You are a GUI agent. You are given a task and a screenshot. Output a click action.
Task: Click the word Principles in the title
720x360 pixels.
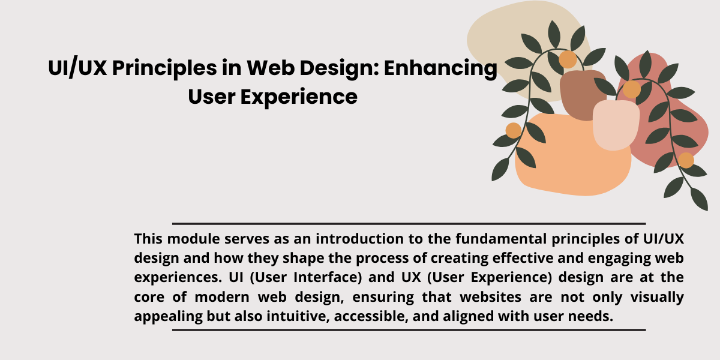click(x=164, y=68)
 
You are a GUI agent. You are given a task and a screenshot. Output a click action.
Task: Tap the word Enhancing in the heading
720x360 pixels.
click(x=440, y=68)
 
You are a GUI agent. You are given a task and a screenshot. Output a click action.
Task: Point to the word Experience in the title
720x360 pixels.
click(x=299, y=97)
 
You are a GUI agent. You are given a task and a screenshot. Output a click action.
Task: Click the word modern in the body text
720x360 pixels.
click(x=222, y=297)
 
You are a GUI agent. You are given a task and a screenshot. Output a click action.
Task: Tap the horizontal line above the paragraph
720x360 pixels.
click(x=409, y=223)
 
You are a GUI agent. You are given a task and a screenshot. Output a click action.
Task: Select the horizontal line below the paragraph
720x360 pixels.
click(x=409, y=330)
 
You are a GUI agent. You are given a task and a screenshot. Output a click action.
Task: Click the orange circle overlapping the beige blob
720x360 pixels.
click(x=568, y=59)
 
